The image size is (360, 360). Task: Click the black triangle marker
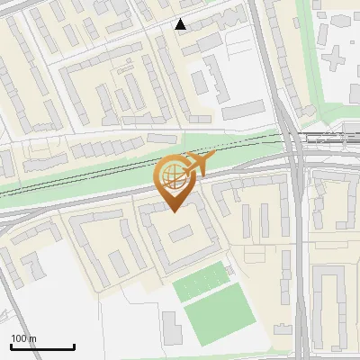181,24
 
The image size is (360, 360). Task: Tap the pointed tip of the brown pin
172,211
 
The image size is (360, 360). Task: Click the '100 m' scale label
23,338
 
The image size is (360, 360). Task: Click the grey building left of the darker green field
171,327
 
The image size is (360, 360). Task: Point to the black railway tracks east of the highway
328,138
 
